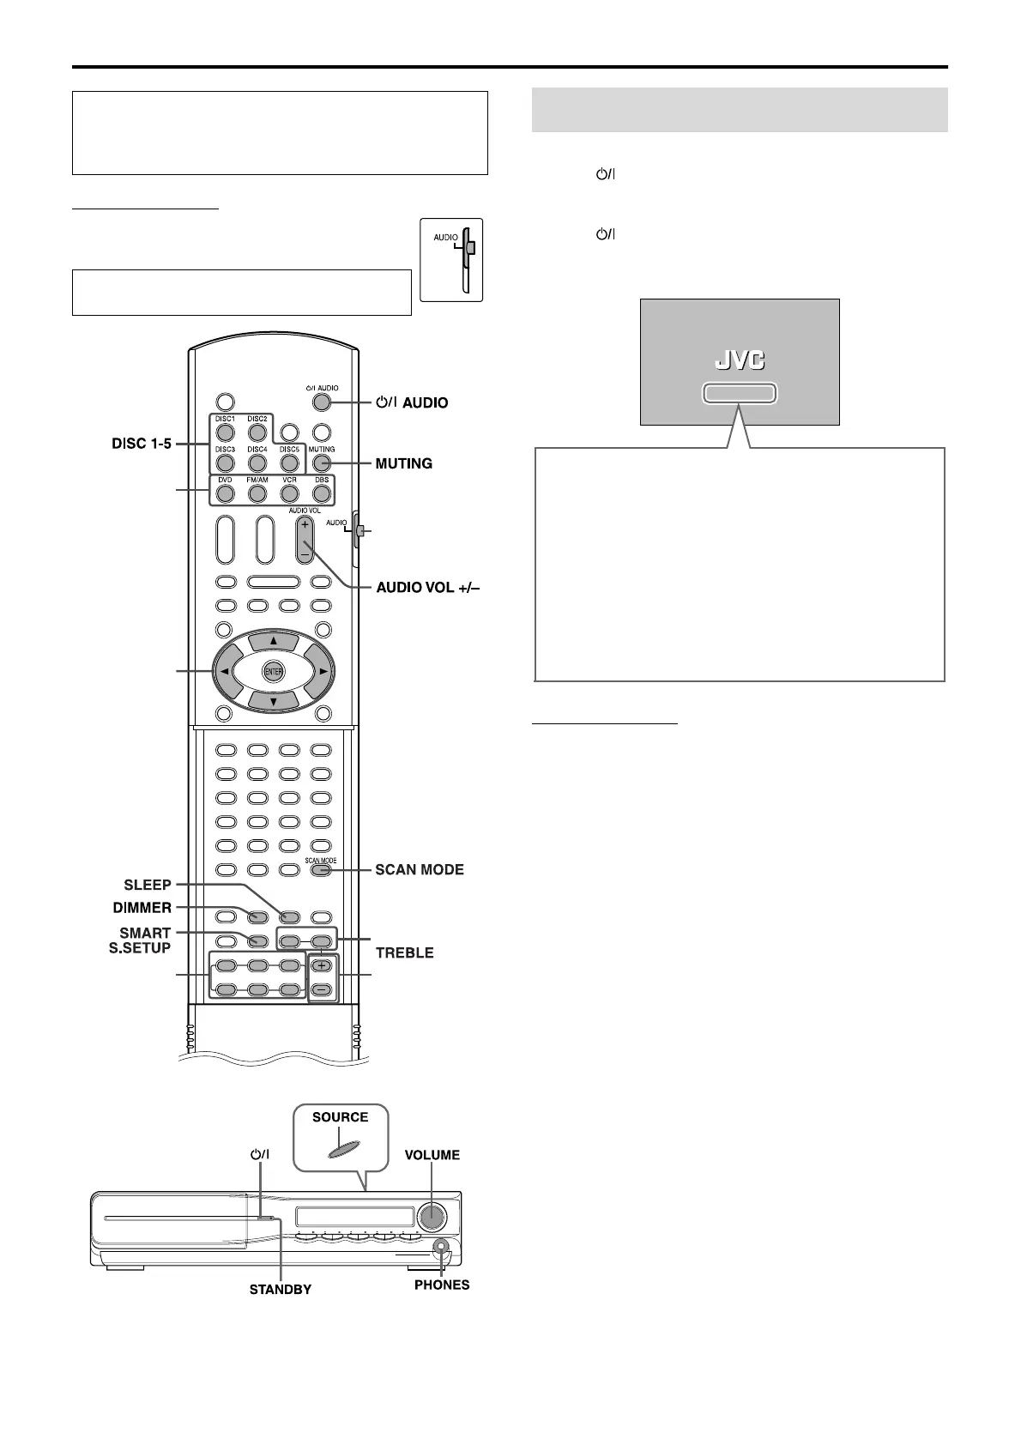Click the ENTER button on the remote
pos(273,672)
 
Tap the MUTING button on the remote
pos(321,464)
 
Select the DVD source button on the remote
pos(225,493)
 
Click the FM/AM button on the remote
pos(257,493)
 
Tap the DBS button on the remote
pos(321,493)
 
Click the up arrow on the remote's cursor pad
pos(273,642)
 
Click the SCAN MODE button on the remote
pos(321,870)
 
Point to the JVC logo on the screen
pos(740,361)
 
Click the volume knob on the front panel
pos(432,1216)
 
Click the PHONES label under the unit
pos(442,1285)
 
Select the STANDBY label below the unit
pos(281,1289)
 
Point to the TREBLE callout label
pos(404,952)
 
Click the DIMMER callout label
pos(142,907)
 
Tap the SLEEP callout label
pos(148,885)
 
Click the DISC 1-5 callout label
pos(142,444)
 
